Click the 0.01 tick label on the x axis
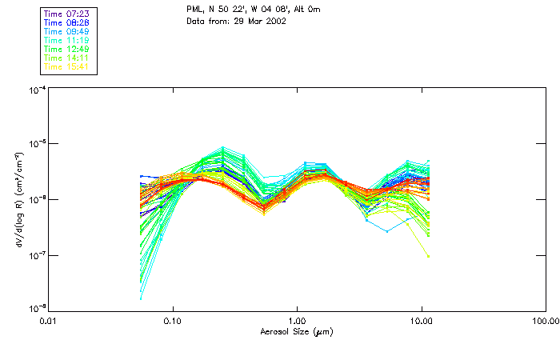coord(49,321)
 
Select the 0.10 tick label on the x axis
coord(173,321)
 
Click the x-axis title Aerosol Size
coord(296,331)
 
